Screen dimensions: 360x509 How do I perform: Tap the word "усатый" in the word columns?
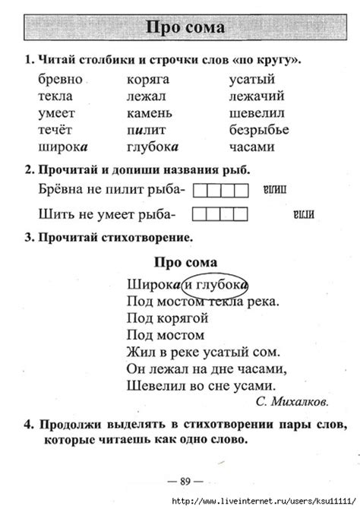point(251,80)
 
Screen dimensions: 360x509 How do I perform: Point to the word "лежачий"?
point(257,96)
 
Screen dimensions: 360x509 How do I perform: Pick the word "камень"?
point(149,113)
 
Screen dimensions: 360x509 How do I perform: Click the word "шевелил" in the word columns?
point(257,113)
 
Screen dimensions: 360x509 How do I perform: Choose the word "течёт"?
point(54,130)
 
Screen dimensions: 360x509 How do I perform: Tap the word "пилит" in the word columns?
point(144,130)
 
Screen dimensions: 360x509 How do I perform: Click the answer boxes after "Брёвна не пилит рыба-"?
point(221,189)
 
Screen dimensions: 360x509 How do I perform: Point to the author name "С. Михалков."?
point(292,401)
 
